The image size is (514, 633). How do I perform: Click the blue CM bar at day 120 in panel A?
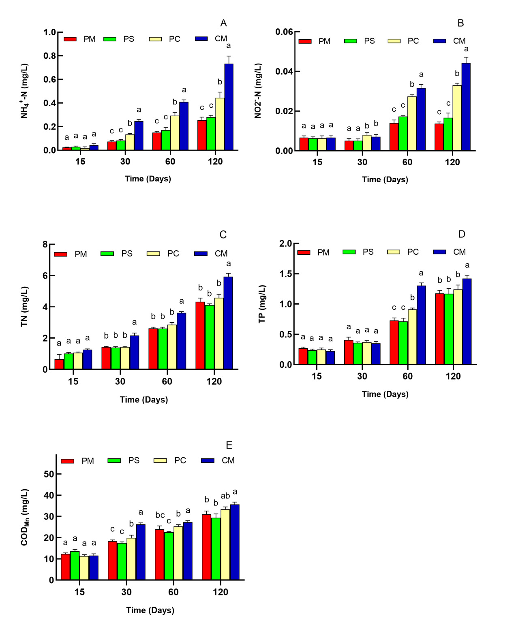pyautogui.click(x=229, y=107)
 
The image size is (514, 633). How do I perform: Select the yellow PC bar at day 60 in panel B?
pyautogui.click(x=412, y=124)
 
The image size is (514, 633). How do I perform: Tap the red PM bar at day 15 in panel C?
pyautogui.click(x=59, y=364)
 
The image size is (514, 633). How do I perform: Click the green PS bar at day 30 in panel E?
pyautogui.click(x=122, y=561)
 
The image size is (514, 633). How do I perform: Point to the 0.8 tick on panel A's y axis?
pyautogui.click(x=50, y=55)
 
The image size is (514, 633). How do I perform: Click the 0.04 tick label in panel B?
pyautogui.click(x=284, y=71)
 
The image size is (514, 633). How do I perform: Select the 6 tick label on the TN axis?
pyautogui.click(x=45, y=276)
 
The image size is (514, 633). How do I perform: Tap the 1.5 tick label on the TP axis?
pyautogui.click(x=286, y=274)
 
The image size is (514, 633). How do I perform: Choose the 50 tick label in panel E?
pyautogui.click(x=49, y=474)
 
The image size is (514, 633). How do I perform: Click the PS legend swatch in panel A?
pyautogui.click(x=110, y=39)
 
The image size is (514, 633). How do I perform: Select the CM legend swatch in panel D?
pyautogui.click(x=440, y=252)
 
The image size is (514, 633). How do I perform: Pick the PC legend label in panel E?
pyautogui.click(x=180, y=460)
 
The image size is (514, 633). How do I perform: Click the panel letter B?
pyautogui.click(x=460, y=23)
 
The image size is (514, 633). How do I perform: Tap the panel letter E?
pyautogui.click(x=229, y=445)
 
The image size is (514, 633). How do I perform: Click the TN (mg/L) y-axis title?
pyautogui.click(x=24, y=306)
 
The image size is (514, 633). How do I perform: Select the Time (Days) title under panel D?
pyautogui.click(x=385, y=394)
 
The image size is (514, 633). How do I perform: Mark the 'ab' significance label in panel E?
pyautogui.click(x=225, y=496)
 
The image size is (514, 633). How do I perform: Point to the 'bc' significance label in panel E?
pyautogui.click(x=160, y=515)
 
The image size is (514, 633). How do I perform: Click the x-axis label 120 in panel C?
pyautogui.click(x=214, y=382)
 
